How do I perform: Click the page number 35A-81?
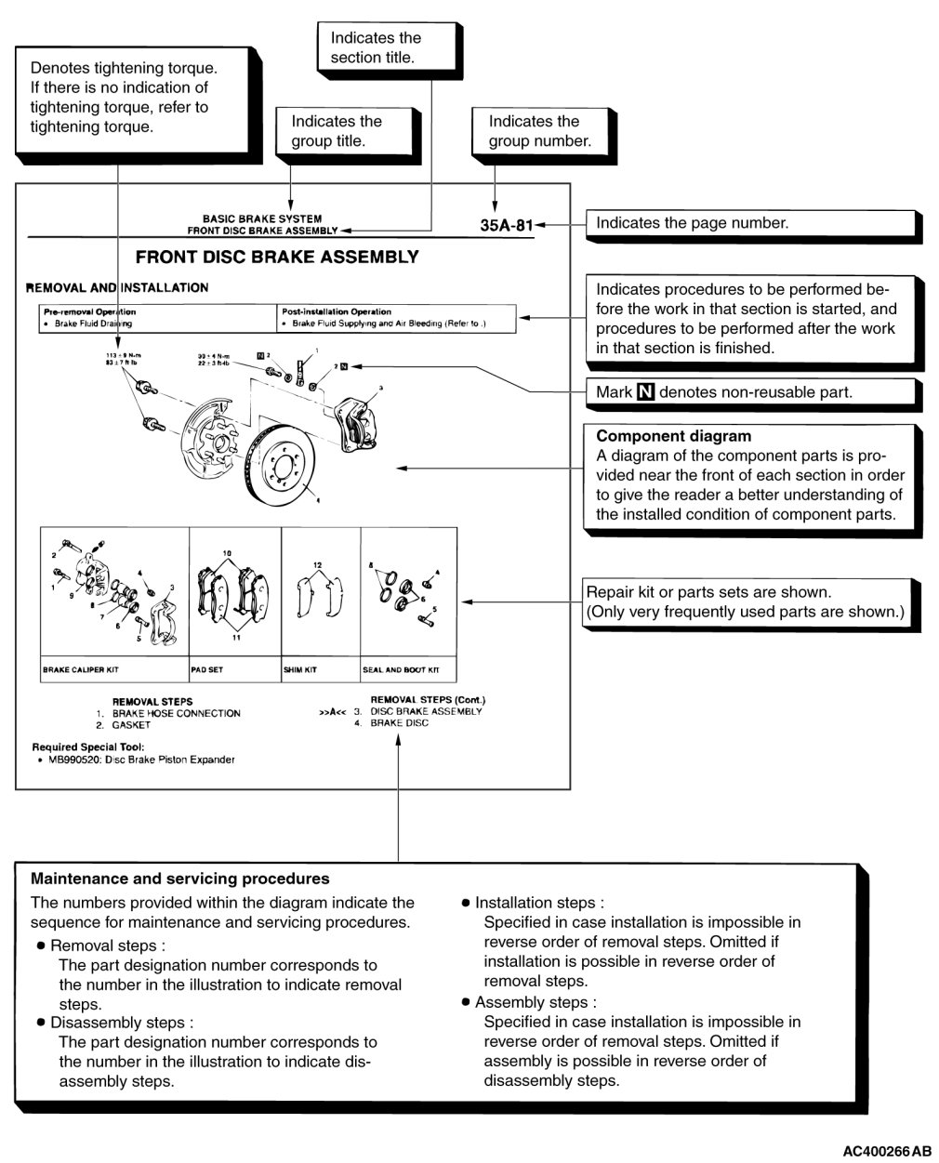pyautogui.click(x=507, y=224)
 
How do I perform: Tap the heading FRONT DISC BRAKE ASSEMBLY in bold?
pyautogui.click(x=277, y=258)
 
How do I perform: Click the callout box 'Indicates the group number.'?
pyautogui.click(x=539, y=131)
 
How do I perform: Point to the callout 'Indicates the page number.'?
pyautogui.click(x=692, y=223)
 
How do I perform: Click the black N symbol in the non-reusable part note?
pyautogui.click(x=645, y=392)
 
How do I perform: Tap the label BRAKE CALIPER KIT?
pyautogui.click(x=81, y=669)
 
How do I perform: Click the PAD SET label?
pyautogui.click(x=207, y=669)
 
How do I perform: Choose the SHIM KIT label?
pyautogui.click(x=300, y=669)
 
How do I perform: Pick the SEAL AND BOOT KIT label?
pyautogui.click(x=401, y=669)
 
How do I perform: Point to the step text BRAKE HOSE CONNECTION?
pyautogui.click(x=176, y=713)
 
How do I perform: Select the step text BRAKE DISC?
pyautogui.click(x=400, y=723)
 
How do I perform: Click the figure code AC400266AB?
pyautogui.click(x=886, y=1152)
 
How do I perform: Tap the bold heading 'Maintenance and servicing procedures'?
pyautogui.click(x=180, y=879)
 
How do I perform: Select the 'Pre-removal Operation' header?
pyautogui.click(x=89, y=311)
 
